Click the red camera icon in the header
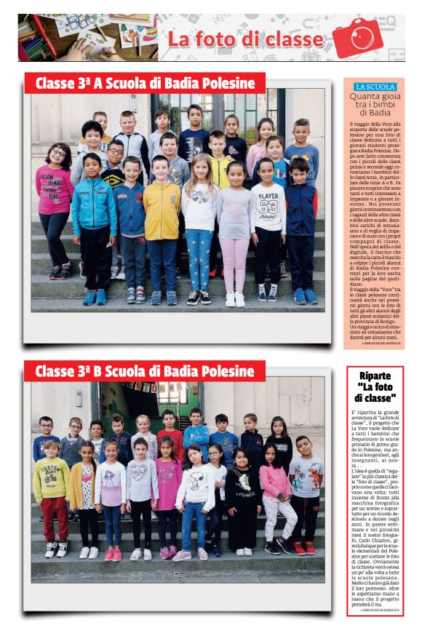357,37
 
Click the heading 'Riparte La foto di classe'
375,387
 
